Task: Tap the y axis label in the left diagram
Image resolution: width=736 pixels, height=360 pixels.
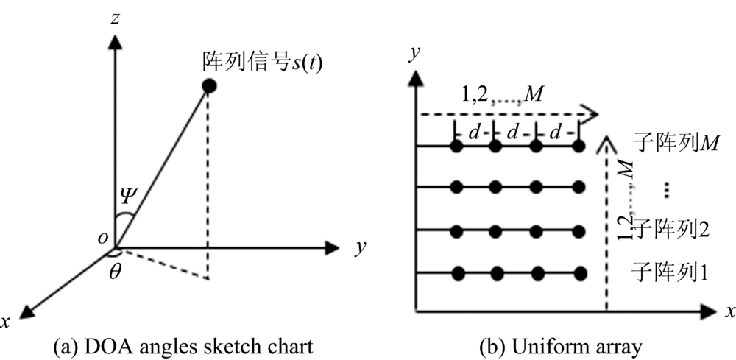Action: click(360, 248)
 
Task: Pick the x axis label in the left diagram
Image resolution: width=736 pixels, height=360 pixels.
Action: click(7, 321)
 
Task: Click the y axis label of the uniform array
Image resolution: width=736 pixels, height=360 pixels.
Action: click(417, 53)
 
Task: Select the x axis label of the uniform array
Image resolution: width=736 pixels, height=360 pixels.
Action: click(729, 313)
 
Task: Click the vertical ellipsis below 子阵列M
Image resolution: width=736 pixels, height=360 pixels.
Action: click(666, 188)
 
